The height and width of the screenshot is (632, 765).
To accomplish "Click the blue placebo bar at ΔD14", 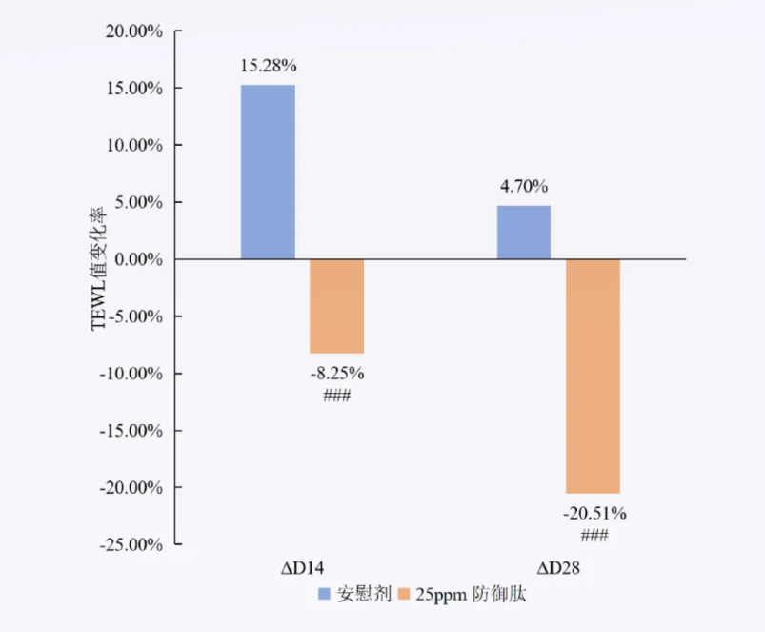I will pos(268,173).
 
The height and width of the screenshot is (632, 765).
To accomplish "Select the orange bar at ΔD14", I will pos(336,306).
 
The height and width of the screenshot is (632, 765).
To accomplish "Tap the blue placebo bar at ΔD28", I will pos(524,233).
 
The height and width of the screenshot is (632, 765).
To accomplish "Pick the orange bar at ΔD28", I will pos(593,376).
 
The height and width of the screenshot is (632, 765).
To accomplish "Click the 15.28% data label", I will pos(269,67).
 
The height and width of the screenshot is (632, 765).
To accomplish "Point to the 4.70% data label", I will pos(524,187).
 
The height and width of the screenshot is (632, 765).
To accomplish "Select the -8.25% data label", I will pos(337,373).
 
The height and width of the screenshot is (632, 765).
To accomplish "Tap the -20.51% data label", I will pos(594,514).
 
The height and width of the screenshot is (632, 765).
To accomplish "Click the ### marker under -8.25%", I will pos(337,395).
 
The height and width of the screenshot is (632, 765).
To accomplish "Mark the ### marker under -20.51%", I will pos(594,536).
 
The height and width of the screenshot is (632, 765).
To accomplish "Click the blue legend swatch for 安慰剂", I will pos(324,594).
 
